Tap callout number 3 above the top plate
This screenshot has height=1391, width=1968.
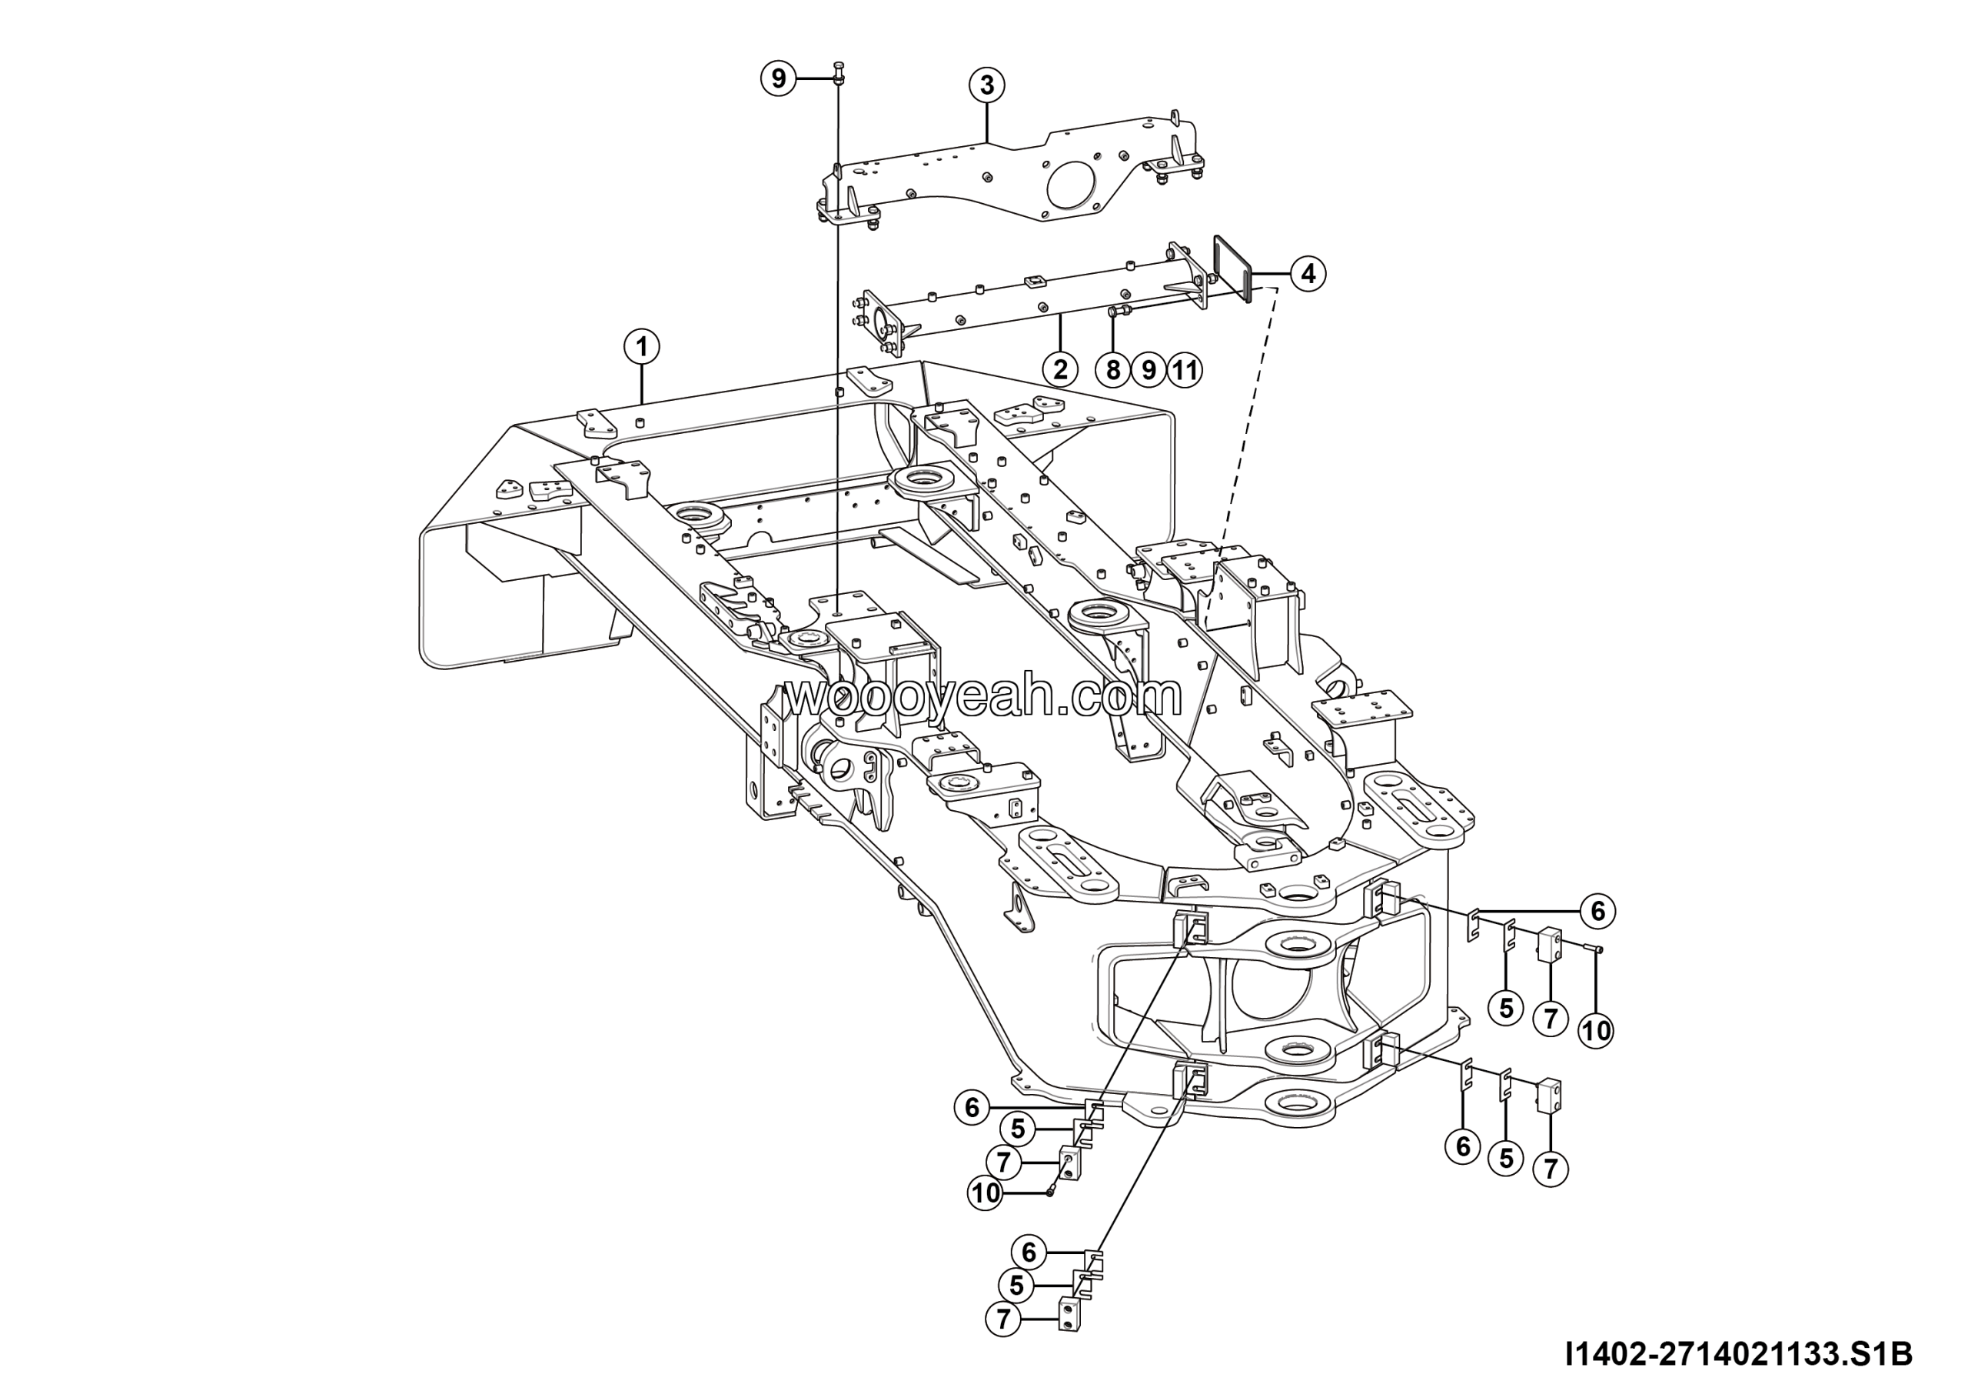click(986, 85)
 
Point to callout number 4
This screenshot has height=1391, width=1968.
click(1308, 274)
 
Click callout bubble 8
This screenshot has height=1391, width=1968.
click(1112, 371)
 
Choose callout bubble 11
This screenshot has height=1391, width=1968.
click(1184, 371)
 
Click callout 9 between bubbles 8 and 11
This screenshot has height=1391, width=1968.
click(1149, 371)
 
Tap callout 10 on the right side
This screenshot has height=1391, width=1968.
click(1596, 1029)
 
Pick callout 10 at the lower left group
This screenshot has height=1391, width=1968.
click(986, 1193)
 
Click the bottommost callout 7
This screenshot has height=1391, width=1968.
click(1004, 1319)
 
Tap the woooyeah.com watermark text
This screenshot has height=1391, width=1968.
click(983, 697)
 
